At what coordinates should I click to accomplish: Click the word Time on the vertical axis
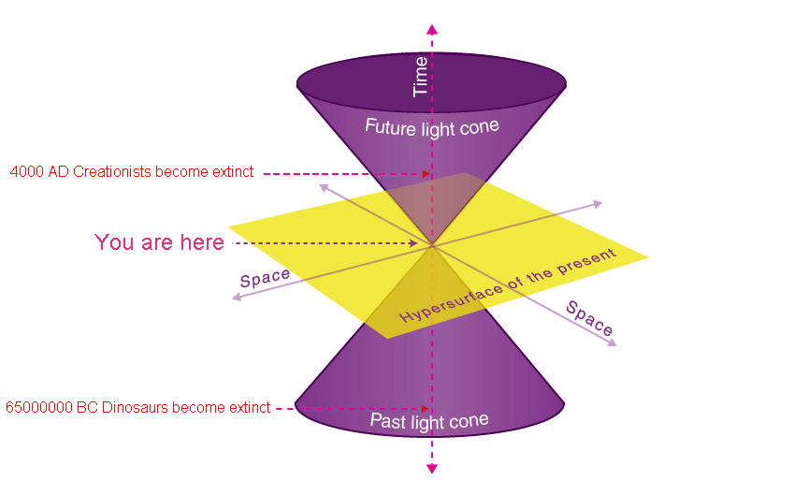pos(421,77)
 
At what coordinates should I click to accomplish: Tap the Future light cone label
pos(431,127)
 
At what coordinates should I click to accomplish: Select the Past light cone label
pos(429,421)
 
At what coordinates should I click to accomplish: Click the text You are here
pos(159,243)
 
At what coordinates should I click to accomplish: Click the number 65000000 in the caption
pos(36,408)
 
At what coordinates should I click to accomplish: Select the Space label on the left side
pos(265,279)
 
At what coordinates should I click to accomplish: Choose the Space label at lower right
pos(590,320)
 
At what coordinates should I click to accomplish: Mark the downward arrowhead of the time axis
pos(431,467)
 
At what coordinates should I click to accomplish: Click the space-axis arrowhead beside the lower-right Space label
pos(612,343)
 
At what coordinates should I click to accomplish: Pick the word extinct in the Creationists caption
pos(233,172)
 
